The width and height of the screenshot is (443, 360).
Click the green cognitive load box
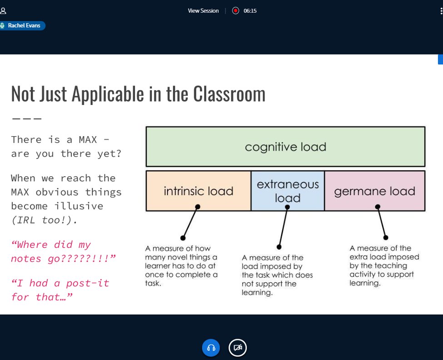coord(285,147)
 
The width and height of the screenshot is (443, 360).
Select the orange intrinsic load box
coord(198,191)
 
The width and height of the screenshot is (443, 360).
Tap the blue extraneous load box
coord(288,191)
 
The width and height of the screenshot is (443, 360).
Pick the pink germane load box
coord(374,191)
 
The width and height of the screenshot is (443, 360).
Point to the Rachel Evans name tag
coord(23,26)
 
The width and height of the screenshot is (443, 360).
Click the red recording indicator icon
coord(235,11)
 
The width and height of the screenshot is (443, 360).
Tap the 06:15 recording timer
coord(250,11)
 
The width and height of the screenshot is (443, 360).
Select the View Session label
coord(203,11)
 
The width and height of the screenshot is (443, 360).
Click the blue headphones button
coord(211,348)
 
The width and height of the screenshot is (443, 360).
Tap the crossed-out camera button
coord(237,348)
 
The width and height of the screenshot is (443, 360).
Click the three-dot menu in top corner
coord(441,11)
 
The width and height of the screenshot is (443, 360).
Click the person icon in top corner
coord(3,11)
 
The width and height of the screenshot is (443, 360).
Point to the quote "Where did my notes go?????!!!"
coord(63,252)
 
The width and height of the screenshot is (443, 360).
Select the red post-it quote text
coord(60,290)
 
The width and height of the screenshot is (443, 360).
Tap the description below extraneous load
coord(277,275)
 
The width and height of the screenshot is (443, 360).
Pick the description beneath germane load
coord(384,266)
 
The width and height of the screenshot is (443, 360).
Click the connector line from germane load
coord(382,222)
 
